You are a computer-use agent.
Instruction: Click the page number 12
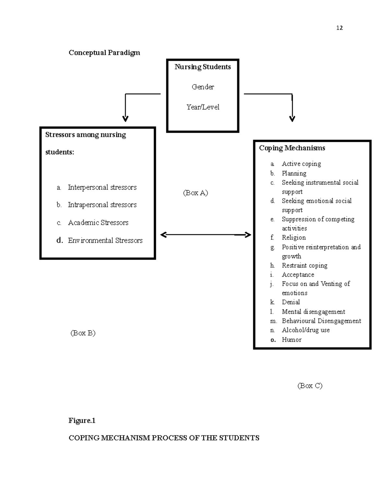coord(339,28)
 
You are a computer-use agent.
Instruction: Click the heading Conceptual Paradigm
coord(104,53)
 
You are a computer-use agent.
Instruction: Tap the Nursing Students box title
coord(203,67)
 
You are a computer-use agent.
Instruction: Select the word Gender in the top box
coord(203,87)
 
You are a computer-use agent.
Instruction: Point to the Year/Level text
coord(203,107)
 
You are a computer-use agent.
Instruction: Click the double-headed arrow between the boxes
coord(206,235)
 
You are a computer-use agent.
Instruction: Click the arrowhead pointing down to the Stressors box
coord(125,118)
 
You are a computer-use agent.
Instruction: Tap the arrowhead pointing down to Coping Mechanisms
coord(292,118)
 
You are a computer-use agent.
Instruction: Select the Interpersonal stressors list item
coord(102,187)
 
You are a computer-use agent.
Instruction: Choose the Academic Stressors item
coord(98,223)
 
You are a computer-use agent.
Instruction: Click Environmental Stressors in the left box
coord(105,240)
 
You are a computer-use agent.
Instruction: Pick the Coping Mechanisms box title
coord(292,148)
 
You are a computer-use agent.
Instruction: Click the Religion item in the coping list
coord(293,238)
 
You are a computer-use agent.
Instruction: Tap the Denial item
coord(291,302)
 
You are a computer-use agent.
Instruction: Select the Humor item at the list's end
coord(291,340)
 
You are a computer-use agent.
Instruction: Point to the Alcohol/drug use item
coord(305,330)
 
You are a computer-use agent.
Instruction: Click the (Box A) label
coord(195,193)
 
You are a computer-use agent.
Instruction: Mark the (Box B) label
coord(83,333)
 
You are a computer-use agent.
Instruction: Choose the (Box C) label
coord(310,386)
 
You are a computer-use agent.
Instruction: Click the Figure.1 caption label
coord(82,421)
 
